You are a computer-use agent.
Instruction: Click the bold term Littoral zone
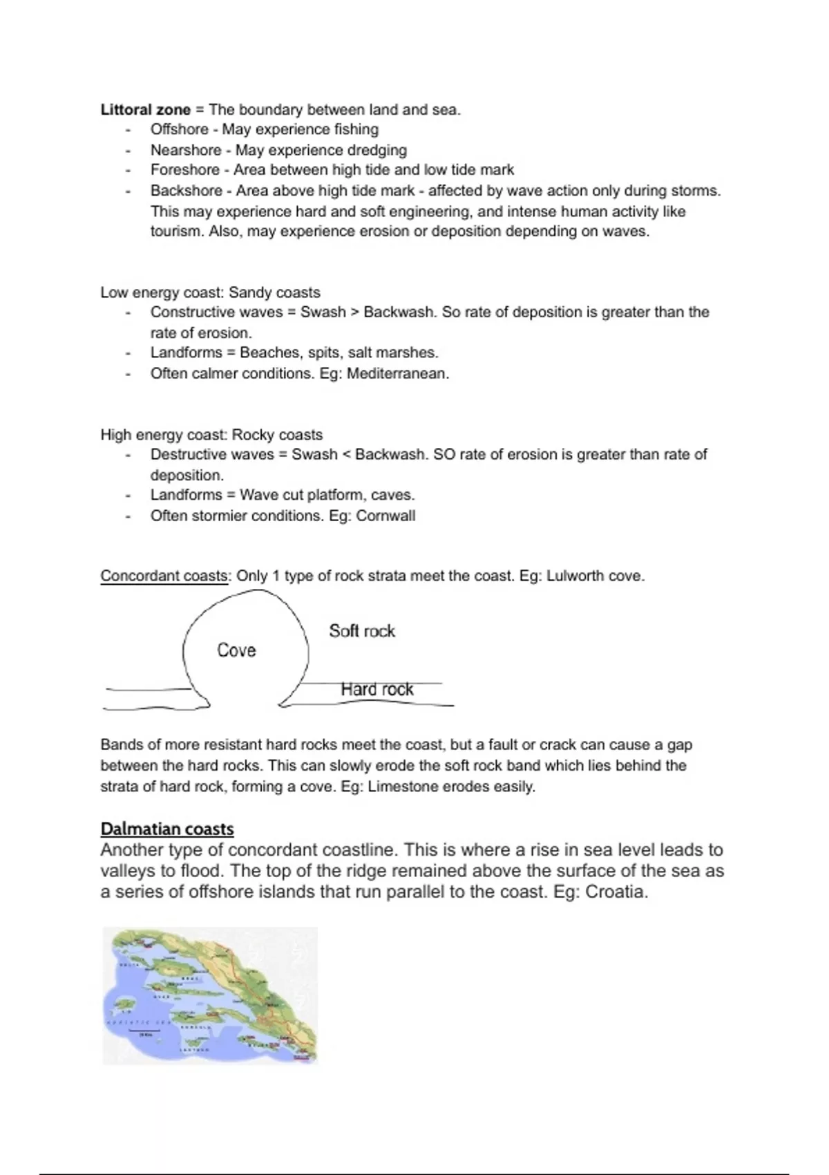[145, 109]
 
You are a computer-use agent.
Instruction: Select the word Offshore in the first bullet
[180, 129]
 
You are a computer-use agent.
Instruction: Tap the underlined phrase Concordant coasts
[164, 576]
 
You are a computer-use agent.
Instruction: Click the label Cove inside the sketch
[236, 650]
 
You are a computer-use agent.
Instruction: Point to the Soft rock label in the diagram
[362, 631]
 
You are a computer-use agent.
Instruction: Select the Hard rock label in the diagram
[377, 689]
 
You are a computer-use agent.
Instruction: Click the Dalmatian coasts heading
[167, 829]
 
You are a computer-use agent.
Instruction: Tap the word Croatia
[616, 892]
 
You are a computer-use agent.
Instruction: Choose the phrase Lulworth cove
[595, 576]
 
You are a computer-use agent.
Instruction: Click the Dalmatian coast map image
[210, 995]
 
